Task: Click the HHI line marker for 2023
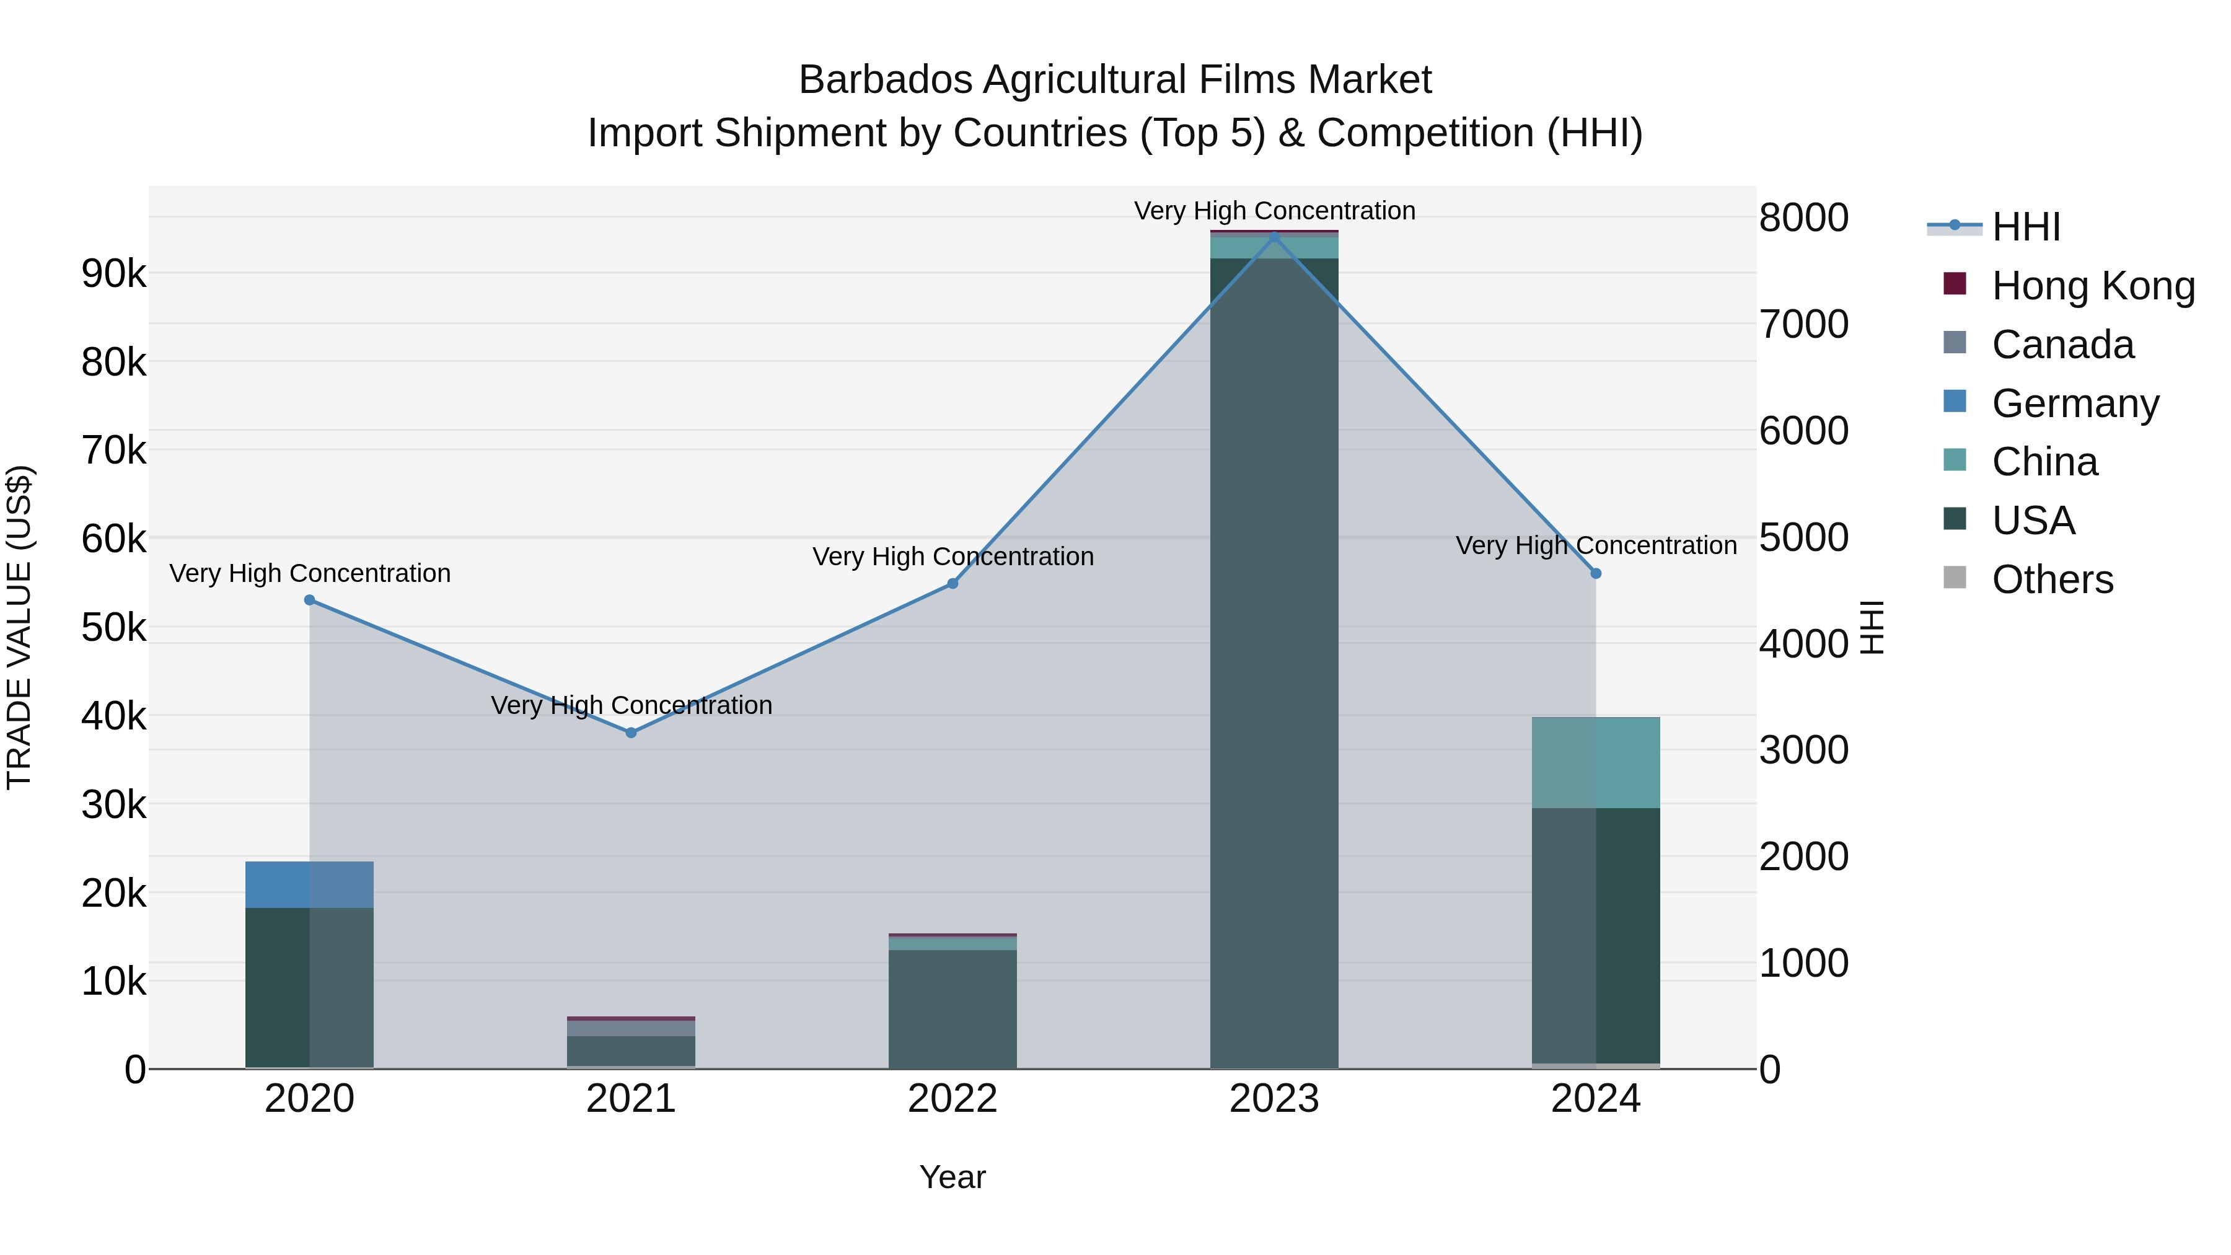tap(1274, 237)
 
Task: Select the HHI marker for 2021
tap(631, 733)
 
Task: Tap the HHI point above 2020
tap(309, 600)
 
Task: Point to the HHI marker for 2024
tap(1596, 573)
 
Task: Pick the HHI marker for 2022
tap(953, 584)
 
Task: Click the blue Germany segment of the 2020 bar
tap(309, 884)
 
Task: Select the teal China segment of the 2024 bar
tap(1596, 762)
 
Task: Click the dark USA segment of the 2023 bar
tap(1274, 658)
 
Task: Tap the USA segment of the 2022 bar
tap(953, 1009)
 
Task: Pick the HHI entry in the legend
tap(2025, 227)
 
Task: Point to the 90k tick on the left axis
tap(113, 275)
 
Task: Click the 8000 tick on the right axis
tap(1804, 218)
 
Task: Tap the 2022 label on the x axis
tap(953, 1099)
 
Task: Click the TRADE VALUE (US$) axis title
tap(20, 627)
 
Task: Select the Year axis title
tap(953, 1177)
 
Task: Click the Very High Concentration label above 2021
tap(631, 705)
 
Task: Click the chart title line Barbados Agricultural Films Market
tap(1115, 80)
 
